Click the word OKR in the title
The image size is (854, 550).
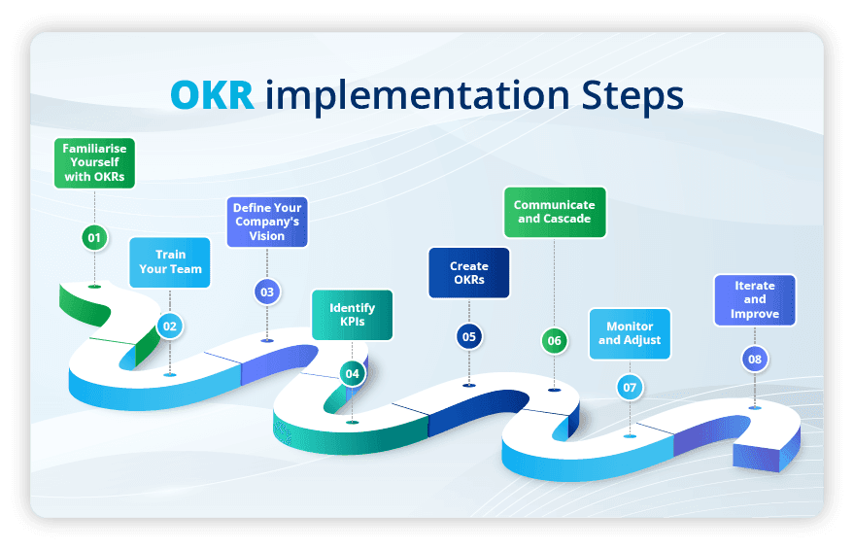pyautogui.click(x=213, y=95)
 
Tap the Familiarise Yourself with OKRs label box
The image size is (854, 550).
pyautogui.click(x=94, y=163)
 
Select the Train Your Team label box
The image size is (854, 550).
pyautogui.click(x=170, y=262)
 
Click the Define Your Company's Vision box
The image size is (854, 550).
pyautogui.click(x=266, y=222)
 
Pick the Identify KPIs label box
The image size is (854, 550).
pyautogui.click(x=353, y=315)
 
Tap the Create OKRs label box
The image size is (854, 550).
pyautogui.click(x=468, y=273)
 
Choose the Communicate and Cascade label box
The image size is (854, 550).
pyautogui.click(x=554, y=212)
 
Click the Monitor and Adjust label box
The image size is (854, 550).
pyautogui.click(x=630, y=333)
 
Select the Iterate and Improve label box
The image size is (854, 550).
pyautogui.click(x=755, y=300)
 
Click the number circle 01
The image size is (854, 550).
pyautogui.click(x=94, y=237)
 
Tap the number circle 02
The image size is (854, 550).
pyautogui.click(x=170, y=327)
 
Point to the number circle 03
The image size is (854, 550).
pyautogui.click(x=266, y=292)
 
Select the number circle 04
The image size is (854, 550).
pyautogui.click(x=352, y=373)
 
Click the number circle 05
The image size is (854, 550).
pyautogui.click(x=469, y=336)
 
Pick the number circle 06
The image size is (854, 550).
pyautogui.click(x=554, y=340)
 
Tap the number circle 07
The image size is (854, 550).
pyautogui.click(x=630, y=388)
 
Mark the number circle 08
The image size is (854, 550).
pyautogui.click(x=755, y=360)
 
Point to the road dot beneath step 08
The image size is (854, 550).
pyautogui.click(x=755, y=407)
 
